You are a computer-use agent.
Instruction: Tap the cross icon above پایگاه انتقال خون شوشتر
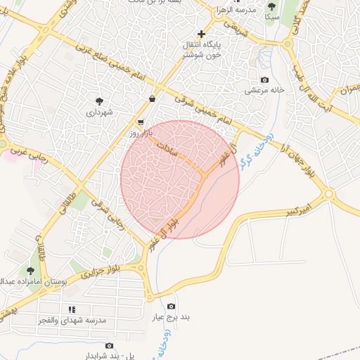202,34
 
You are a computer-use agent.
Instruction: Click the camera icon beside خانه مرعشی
264,79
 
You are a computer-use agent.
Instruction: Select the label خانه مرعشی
262,90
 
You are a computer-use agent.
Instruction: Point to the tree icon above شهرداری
99,101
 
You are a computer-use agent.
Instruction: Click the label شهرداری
99,112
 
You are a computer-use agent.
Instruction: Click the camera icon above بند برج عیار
172,306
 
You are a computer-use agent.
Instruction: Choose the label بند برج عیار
172,317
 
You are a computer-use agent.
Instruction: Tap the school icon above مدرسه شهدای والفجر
72,309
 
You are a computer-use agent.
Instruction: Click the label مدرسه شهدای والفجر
72,320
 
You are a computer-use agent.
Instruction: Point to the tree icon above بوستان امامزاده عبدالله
30,270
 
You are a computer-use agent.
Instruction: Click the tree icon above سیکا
271,6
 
